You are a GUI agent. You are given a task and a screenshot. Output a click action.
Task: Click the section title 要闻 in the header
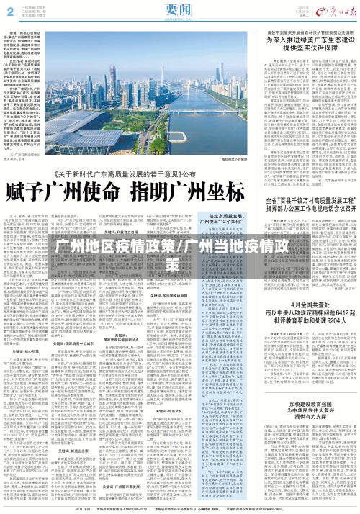[x=178, y=10]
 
